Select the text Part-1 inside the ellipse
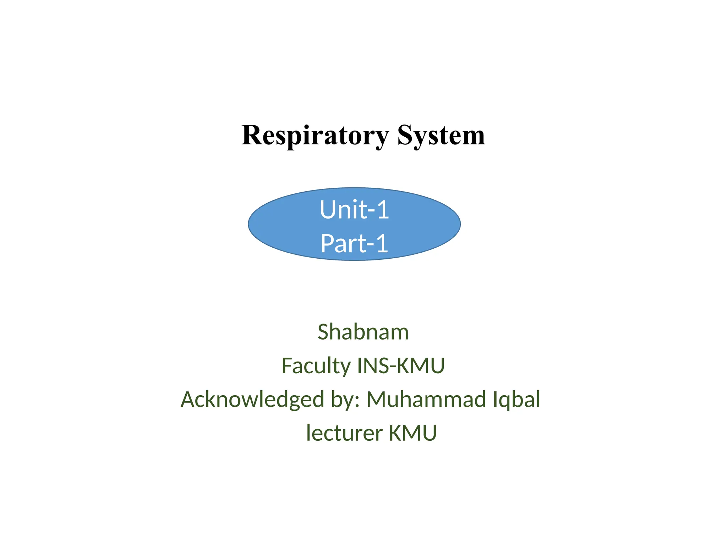[354, 243]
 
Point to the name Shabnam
[363, 332]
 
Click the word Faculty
[316, 366]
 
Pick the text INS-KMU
[401, 366]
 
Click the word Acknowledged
[252, 400]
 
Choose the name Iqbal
[516, 400]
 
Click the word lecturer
[344, 433]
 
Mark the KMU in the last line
[413, 433]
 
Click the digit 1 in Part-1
[382, 243]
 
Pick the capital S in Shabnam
[324, 332]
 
